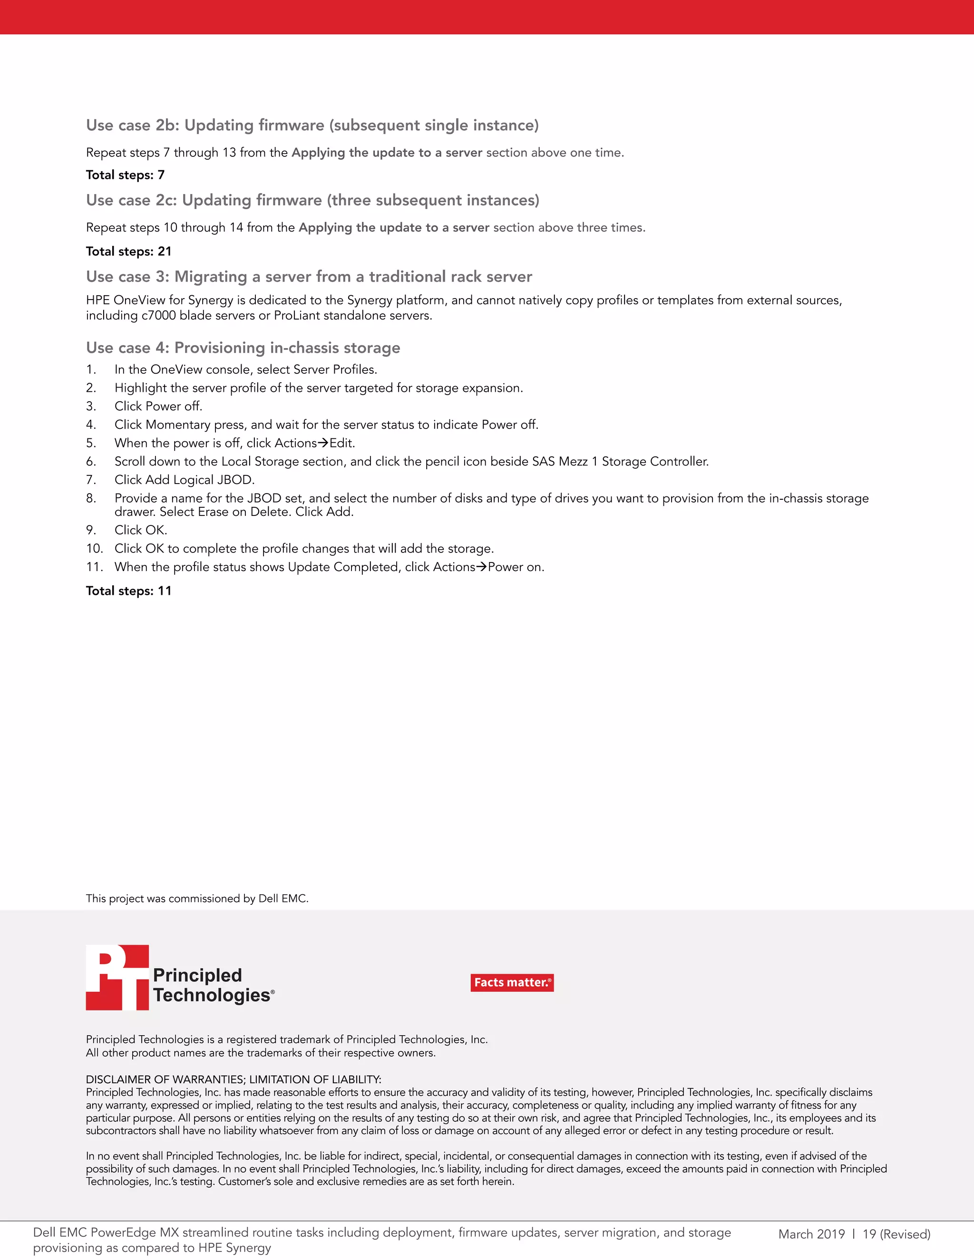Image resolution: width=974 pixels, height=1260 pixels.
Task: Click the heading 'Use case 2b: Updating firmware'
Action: click(312, 125)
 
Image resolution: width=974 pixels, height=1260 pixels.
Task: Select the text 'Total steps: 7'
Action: click(125, 175)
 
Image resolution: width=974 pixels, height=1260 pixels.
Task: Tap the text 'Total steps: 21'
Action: click(129, 251)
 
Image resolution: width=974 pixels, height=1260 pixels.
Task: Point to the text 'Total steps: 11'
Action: click(129, 591)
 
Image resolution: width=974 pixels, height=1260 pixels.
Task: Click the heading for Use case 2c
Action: click(312, 200)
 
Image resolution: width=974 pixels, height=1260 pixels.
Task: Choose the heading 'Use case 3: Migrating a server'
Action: click(309, 276)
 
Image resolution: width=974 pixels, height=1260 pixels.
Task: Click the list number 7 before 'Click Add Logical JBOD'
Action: click(90, 480)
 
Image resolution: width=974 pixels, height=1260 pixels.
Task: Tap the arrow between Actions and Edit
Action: click(323, 443)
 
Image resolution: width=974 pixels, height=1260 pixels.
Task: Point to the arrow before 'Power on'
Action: click(481, 567)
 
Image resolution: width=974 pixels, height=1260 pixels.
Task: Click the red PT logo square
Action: click(118, 977)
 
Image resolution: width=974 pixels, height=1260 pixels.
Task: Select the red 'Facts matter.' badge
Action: click(512, 982)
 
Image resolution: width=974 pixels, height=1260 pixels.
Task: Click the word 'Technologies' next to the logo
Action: click(211, 995)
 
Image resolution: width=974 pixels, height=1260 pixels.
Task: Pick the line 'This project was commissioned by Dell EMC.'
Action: click(197, 898)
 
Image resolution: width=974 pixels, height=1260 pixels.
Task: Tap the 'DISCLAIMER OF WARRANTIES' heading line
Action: click(233, 1079)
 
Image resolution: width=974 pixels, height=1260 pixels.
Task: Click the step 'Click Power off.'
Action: click(158, 406)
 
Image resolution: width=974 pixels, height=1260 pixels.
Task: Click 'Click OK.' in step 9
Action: click(141, 530)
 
